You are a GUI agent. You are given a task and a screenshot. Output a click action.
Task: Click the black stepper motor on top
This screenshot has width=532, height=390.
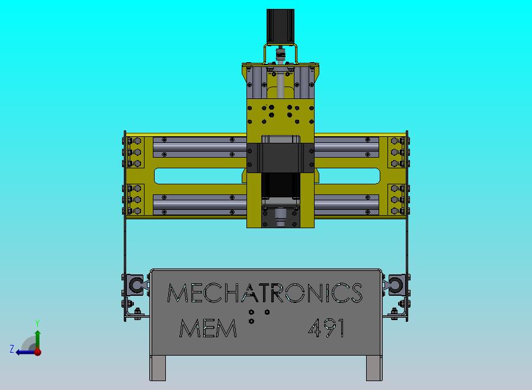[281, 27]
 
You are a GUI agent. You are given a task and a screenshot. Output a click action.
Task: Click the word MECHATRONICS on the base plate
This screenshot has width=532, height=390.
[265, 293]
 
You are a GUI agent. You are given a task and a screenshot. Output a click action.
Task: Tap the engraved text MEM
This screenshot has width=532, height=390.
[208, 328]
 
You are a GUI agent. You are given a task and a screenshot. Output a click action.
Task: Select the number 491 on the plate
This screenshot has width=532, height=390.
[326, 328]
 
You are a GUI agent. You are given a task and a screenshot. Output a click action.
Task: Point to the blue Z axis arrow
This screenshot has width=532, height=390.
[25, 351]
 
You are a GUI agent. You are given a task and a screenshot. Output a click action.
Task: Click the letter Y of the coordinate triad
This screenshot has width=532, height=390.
[37, 323]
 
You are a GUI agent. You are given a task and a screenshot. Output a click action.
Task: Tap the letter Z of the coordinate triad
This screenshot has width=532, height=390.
[12, 349]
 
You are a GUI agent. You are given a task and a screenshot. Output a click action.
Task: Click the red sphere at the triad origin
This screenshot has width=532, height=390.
[38, 351]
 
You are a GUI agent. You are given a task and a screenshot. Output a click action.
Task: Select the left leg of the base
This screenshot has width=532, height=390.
[157, 368]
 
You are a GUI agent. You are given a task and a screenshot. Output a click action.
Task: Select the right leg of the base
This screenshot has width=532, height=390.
[373, 368]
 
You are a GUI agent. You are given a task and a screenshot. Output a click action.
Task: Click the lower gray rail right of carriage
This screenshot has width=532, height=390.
[347, 204]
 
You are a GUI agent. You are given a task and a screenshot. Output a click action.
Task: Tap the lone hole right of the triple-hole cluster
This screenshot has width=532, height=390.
[267, 312]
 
